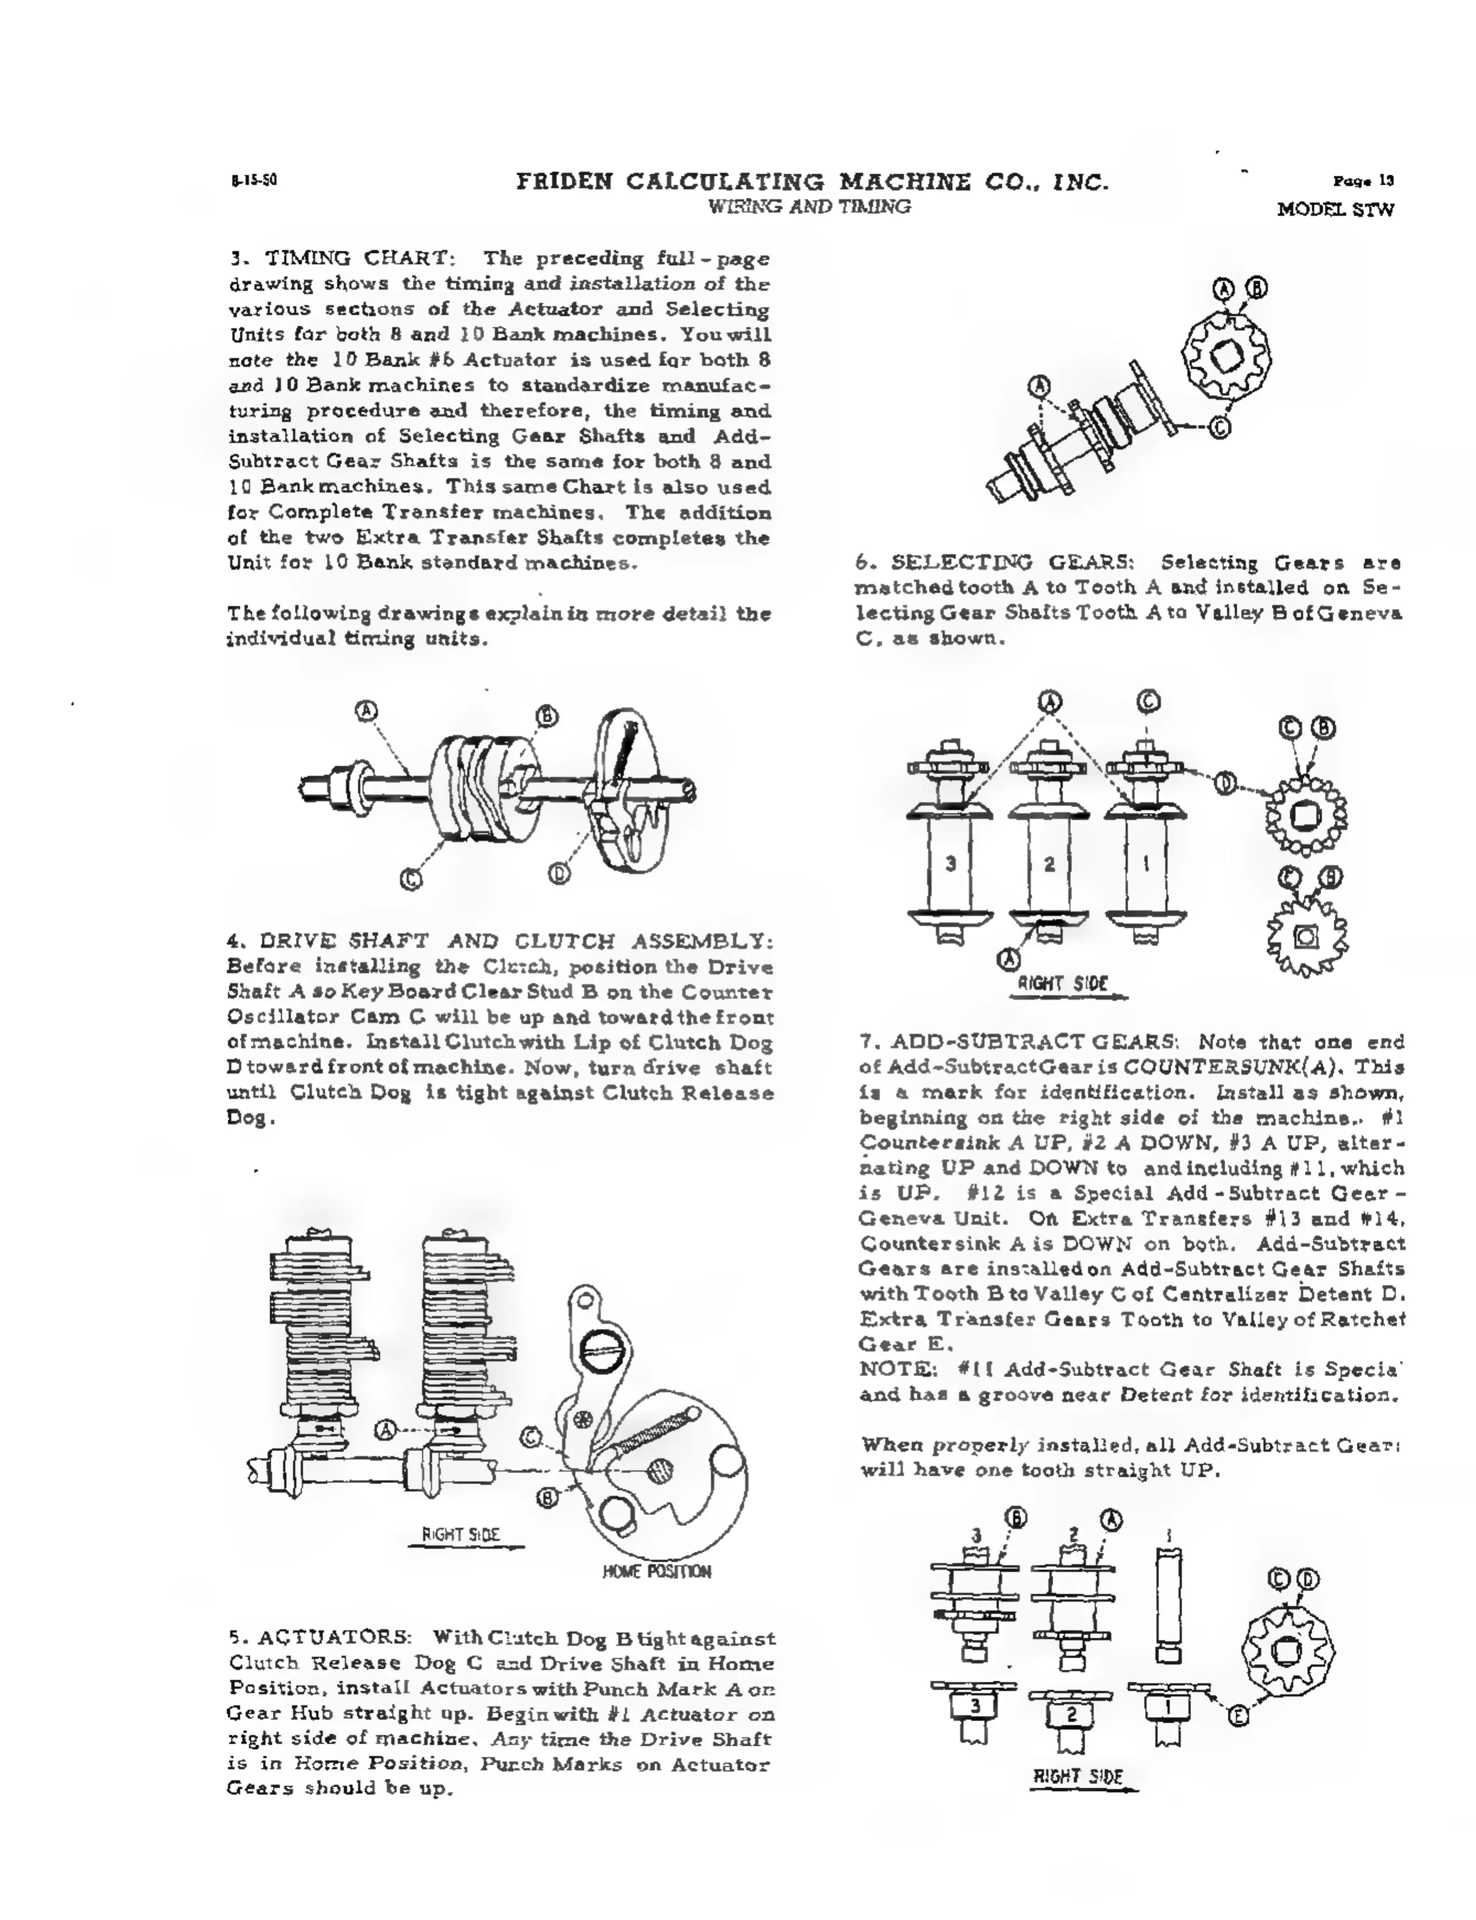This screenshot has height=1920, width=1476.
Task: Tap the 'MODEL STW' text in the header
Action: [x=1335, y=210]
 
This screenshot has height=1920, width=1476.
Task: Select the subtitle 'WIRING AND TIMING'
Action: [x=809, y=207]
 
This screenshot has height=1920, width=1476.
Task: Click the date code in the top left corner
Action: [x=255, y=182]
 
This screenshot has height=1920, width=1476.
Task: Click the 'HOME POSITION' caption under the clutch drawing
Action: [x=656, y=1571]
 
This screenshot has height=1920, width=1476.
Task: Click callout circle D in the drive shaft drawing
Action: [x=559, y=873]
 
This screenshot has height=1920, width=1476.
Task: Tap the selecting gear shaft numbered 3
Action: [x=950, y=864]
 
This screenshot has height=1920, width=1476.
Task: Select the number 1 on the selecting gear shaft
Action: [x=1146, y=864]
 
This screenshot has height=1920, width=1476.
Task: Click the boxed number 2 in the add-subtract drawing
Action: [x=1071, y=1713]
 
